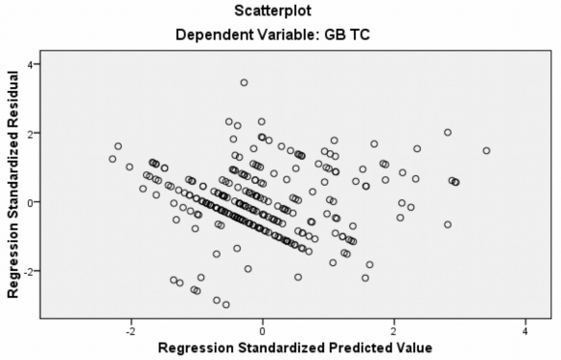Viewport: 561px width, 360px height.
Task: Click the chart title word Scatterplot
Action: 279,13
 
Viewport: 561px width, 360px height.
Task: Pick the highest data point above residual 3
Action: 244,83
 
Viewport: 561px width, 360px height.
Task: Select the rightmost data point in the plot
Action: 487,151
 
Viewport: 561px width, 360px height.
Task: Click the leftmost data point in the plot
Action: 112,159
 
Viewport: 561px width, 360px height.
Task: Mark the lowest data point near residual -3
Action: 226,305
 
